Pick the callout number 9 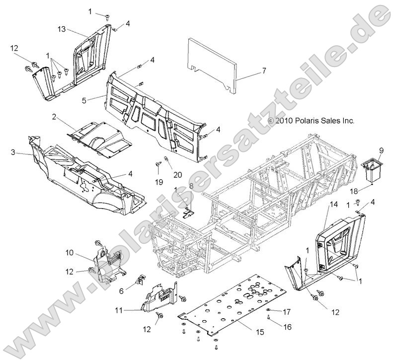[382, 150]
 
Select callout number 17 [286, 312]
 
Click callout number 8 [191, 185]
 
